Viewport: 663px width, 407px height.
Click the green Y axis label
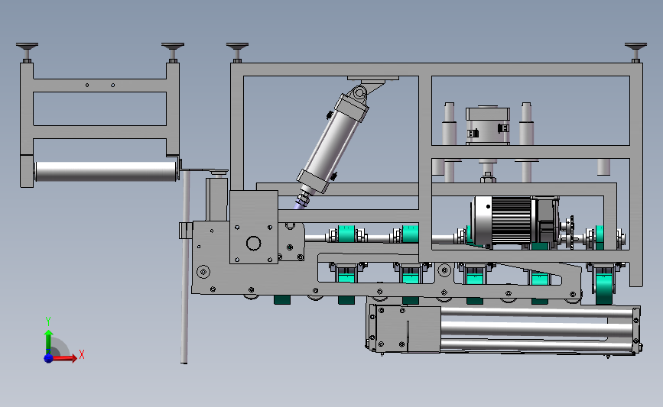tap(48, 321)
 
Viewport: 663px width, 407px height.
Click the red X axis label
tap(82, 354)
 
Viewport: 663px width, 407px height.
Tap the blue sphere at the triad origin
tap(49, 358)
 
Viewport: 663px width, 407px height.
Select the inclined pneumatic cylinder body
tap(333, 138)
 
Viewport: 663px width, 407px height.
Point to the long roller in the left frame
tap(106, 171)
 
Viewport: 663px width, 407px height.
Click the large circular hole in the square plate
tap(254, 244)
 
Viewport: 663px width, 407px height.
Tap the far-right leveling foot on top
tap(635, 51)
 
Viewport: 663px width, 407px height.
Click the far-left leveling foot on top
tap(27, 51)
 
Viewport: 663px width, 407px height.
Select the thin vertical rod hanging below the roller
tap(184, 266)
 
